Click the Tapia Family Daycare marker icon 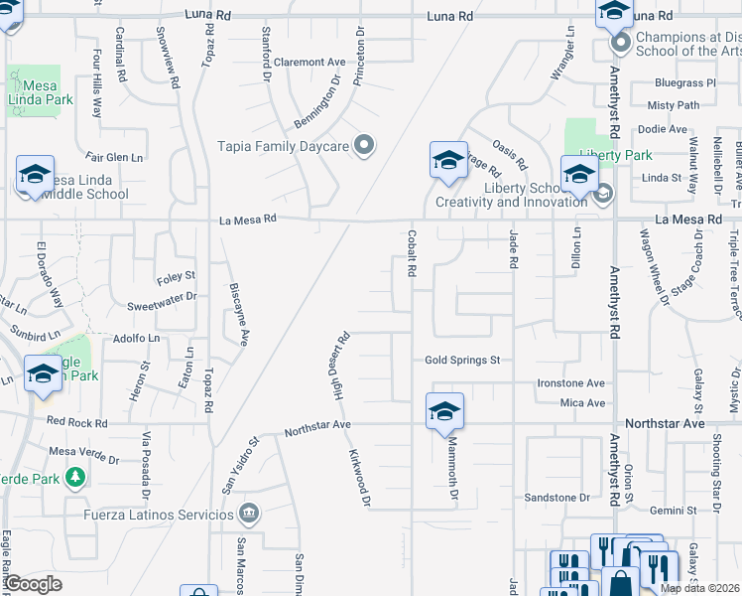pyautogui.click(x=364, y=147)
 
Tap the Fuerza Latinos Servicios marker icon pyautogui.click(x=249, y=514)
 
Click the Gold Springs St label pyautogui.click(x=462, y=361)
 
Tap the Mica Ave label pyautogui.click(x=582, y=402)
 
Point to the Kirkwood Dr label pyautogui.click(x=358, y=478)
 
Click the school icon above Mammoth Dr pyautogui.click(x=444, y=410)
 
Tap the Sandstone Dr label pyautogui.click(x=556, y=498)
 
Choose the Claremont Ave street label pyautogui.click(x=309, y=62)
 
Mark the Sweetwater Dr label pyautogui.click(x=162, y=296)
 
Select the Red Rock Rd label pyautogui.click(x=76, y=422)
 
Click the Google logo pyautogui.click(x=34, y=584)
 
